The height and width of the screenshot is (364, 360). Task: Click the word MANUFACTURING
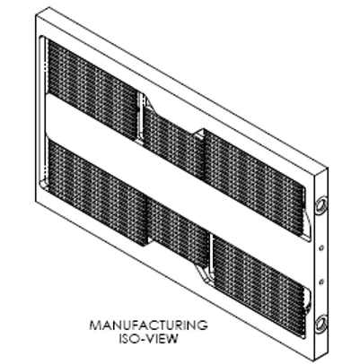coord(148,325)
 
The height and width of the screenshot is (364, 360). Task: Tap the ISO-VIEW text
coord(149,339)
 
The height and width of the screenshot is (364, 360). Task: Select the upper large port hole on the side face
coord(320,206)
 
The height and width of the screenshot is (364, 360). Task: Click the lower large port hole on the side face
coord(320,324)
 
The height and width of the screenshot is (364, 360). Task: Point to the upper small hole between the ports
coord(321,247)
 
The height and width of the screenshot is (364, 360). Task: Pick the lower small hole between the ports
coord(321,282)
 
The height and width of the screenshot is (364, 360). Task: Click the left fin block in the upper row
coord(92,90)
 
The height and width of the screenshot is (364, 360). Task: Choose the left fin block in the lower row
coord(96,191)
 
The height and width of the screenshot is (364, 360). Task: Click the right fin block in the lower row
coord(259,285)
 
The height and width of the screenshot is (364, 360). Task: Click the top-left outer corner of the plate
coord(36,15)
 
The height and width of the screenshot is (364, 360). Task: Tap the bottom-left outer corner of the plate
coord(36,201)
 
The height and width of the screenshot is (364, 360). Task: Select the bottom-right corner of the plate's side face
coord(328,354)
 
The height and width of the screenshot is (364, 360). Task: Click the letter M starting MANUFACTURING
coord(95,325)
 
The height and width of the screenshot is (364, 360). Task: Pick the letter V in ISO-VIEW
coord(148,339)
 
